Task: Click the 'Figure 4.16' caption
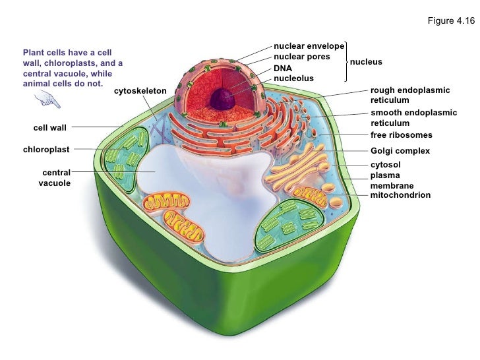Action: tap(451, 21)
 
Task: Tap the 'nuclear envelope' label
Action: tap(309, 46)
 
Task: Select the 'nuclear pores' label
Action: tap(301, 57)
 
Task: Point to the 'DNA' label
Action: tap(283, 68)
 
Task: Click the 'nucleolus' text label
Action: tap(293, 78)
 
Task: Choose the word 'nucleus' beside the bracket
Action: tap(366, 62)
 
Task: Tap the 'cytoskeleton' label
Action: tap(140, 90)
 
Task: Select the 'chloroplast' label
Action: tap(46, 149)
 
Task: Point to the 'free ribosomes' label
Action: tap(401, 135)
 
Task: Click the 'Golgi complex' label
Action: tap(400, 151)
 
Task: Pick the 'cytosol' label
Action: tap(386, 164)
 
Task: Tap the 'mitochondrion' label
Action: tap(400, 195)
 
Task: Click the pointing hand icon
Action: tap(47, 100)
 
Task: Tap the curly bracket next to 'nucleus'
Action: tap(345, 62)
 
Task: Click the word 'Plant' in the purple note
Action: tap(33, 52)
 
